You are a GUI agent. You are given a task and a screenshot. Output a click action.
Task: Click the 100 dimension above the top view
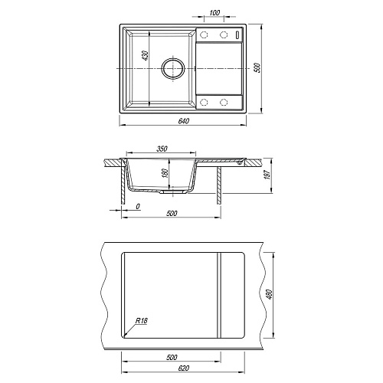click(x=214, y=12)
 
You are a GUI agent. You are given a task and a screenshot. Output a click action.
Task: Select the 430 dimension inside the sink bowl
click(x=145, y=56)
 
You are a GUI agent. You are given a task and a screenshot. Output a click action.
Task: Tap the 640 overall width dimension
click(x=183, y=121)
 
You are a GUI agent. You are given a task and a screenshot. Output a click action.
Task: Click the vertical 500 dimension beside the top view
click(x=257, y=67)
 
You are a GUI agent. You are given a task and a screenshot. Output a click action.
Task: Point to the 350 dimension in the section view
click(x=162, y=149)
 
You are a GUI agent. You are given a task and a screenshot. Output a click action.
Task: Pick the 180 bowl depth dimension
click(x=165, y=173)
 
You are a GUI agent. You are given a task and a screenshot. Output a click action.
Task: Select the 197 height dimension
click(x=268, y=175)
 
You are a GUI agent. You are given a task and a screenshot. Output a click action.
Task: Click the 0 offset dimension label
click(x=138, y=206)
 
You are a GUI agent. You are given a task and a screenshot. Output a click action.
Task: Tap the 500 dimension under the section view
click(x=172, y=213)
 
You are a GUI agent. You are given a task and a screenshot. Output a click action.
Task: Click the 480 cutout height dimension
click(x=270, y=294)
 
